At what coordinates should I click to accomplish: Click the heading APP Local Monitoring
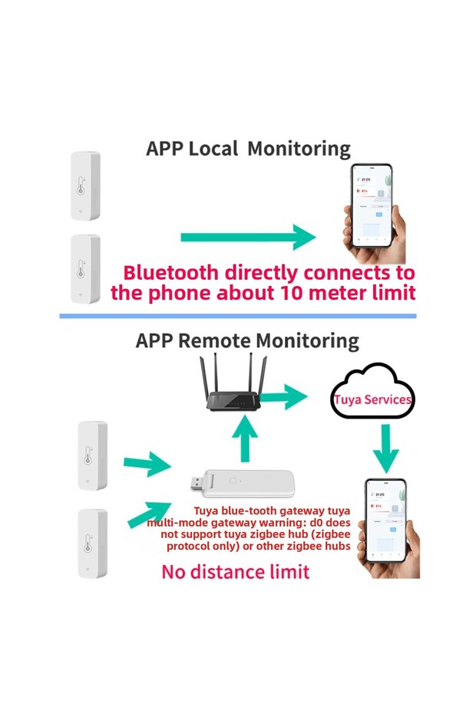click(x=248, y=149)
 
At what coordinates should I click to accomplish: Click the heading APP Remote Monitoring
click(x=247, y=340)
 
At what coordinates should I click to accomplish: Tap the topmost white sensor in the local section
click(x=85, y=186)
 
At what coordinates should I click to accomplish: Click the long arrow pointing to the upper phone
click(x=247, y=237)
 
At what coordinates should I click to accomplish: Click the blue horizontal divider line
click(x=238, y=315)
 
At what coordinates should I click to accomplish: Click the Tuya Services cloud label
click(x=373, y=399)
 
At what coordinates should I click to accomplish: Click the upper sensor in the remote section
click(x=92, y=455)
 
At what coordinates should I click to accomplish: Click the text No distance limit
click(x=236, y=572)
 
